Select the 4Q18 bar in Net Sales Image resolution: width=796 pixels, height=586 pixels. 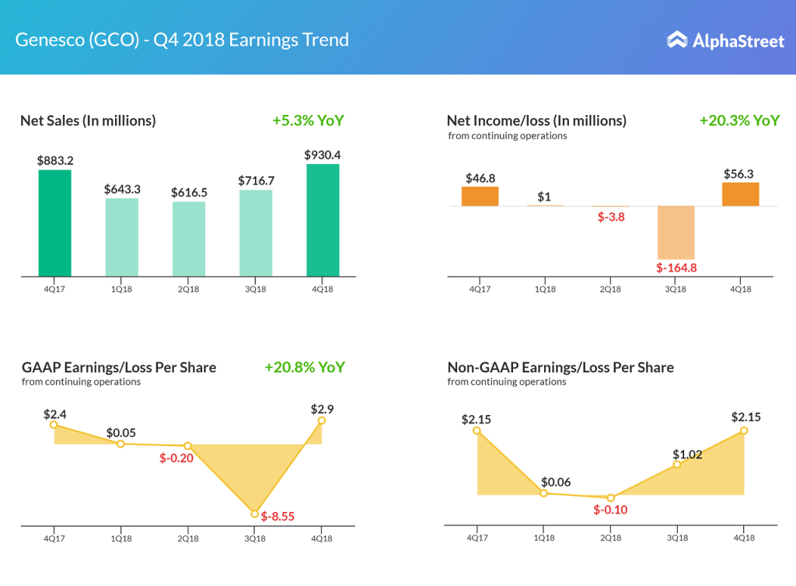pyautogui.click(x=323, y=220)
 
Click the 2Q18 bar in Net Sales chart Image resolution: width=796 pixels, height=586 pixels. pyautogui.click(x=189, y=239)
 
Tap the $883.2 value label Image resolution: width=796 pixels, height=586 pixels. pyautogui.click(x=55, y=160)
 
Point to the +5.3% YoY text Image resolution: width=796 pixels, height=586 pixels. pyautogui.click(x=308, y=120)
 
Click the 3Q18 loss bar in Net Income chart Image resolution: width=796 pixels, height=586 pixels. pyautogui.click(x=676, y=232)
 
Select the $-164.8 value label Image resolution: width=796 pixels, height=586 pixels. pyautogui.click(x=676, y=268)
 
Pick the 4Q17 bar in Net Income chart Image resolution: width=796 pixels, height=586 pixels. pyautogui.click(x=480, y=197)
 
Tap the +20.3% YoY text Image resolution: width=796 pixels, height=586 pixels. pyautogui.click(x=739, y=120)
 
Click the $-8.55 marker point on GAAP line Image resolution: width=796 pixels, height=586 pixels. pyautogui.click(x=254, y=514)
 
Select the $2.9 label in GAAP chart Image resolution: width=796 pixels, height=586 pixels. pyautogui.click(x=323, y=409)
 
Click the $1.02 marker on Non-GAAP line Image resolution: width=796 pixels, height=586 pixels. pyautogui.click(x=677, y=464)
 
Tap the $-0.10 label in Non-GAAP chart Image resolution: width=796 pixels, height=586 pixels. pyautogui.click(x=610, y=510)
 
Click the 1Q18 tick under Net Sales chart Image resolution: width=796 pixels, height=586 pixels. pyautogui.click(x=122, y=288)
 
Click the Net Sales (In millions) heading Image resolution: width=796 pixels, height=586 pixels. pyautogui.click(x=88, y=120)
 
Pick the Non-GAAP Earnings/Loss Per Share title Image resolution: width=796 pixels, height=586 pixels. pyautogui.click(x=560, y=367)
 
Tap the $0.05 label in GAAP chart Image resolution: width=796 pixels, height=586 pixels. pyautogui.click(x=120, y=432)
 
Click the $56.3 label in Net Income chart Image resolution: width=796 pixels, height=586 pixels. pyautogui.click(x=739, y=174)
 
